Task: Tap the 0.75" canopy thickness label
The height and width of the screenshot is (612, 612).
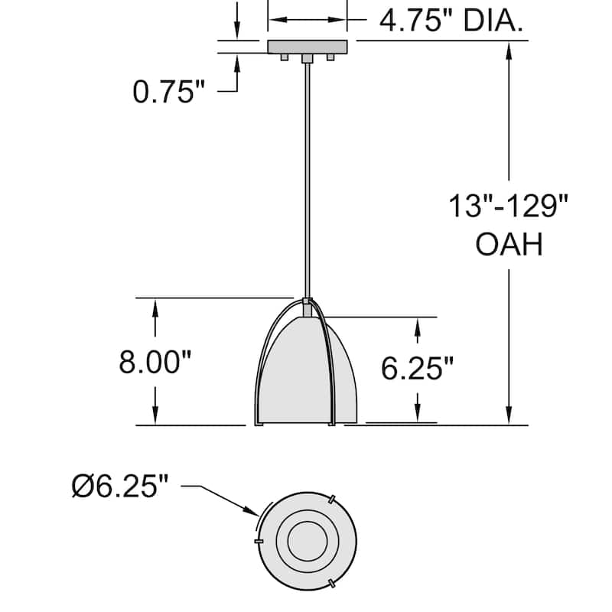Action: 169,92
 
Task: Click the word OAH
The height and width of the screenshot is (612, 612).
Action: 509,246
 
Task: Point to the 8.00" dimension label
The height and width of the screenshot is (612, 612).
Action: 155,363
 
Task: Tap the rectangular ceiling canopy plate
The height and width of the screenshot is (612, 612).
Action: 307,47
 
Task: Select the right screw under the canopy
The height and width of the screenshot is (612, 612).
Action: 330,57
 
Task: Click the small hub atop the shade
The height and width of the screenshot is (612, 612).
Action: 307,302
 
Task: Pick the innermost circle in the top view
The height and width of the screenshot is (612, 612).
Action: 307,541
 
